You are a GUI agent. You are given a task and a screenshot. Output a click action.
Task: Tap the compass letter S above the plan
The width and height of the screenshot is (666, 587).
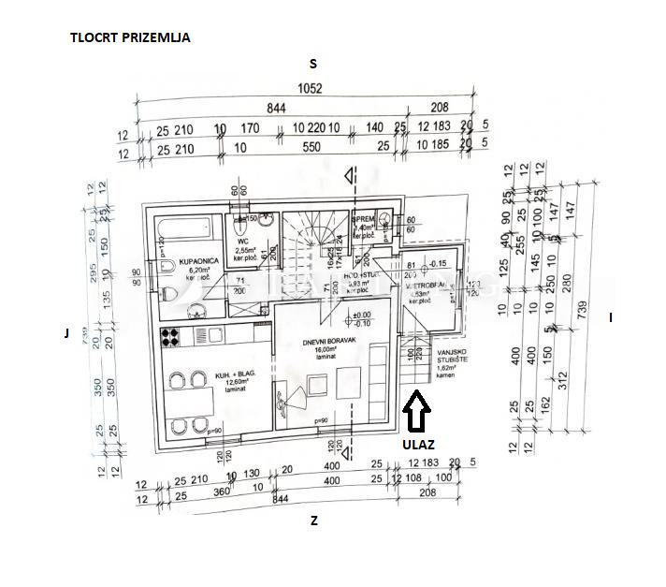coord(314,64)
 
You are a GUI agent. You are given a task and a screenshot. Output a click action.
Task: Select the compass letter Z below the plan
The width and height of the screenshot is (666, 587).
coord(314,521)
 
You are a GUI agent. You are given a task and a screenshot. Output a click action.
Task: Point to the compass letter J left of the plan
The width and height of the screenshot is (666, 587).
coord(66,331)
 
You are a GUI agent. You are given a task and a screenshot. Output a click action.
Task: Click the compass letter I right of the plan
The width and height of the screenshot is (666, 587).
coord(611,317)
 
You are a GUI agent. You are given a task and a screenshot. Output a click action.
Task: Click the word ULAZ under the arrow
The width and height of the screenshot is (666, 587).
coord(418,446)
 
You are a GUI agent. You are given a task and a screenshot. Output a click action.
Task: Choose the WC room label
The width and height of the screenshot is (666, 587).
coord(242,242)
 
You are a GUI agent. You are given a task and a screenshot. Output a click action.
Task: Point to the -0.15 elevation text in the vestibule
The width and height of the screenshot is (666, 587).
coord(439,262)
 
